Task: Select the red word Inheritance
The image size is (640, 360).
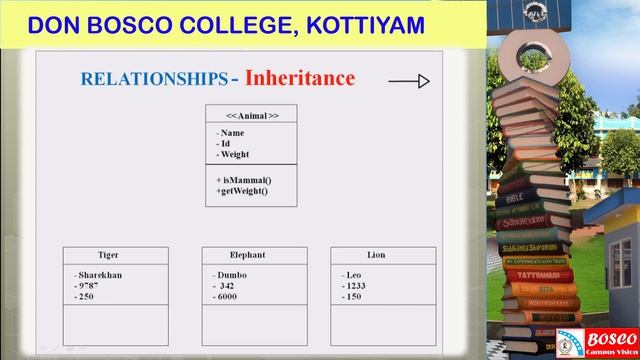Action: coord(300,77)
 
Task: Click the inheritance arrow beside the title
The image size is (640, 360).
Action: coord(408,81)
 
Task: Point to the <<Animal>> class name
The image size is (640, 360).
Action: coord(252,115)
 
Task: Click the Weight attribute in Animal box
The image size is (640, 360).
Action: coord(235,154)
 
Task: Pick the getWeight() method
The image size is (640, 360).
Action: coord(243,190)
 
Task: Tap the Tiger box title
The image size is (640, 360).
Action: coord(108,255)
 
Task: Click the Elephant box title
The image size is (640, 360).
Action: coord(247,255)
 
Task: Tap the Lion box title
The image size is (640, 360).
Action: coord(376,255)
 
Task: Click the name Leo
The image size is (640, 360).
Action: coord(353,275)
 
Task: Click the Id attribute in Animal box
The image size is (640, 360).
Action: coord(225,143)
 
